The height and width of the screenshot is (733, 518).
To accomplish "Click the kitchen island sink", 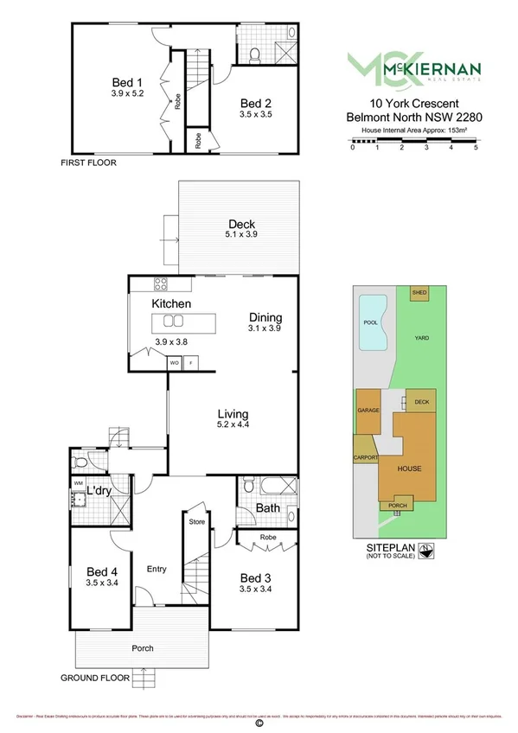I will coord(168,322).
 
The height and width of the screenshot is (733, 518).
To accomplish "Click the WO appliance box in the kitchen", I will coord(174,364).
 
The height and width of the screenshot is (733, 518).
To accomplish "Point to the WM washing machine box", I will coord(78,483).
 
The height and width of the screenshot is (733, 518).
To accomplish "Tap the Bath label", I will coord(267,508).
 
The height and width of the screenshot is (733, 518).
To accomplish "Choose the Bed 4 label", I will coord(102,571).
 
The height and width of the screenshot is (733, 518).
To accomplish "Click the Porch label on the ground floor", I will coord(143,648).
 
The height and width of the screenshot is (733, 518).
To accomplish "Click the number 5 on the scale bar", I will coord(476,148).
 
